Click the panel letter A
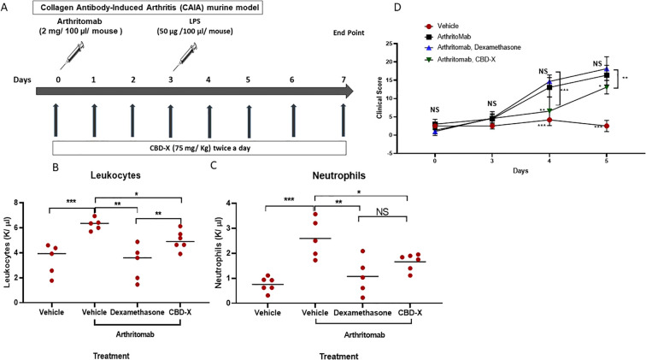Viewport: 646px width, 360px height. click(x=6, y=8)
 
